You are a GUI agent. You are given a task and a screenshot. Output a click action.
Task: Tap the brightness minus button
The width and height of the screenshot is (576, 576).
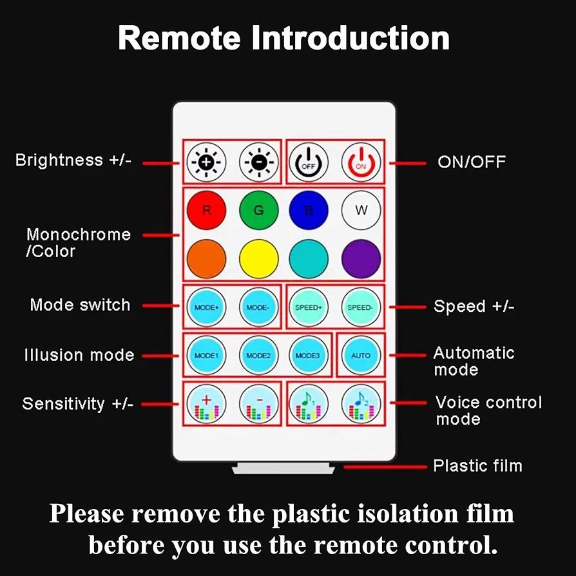(258, 162)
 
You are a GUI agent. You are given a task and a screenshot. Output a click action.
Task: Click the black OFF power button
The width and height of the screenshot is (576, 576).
(308, 162)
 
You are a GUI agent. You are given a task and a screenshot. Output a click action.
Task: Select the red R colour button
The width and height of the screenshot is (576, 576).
(206, 210)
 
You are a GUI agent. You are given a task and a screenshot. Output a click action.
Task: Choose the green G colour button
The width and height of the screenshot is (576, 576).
(258, 210)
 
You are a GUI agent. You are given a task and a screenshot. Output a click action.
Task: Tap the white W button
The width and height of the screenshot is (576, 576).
(361, 210)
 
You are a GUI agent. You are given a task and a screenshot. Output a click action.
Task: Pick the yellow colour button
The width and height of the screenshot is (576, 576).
(258, 258)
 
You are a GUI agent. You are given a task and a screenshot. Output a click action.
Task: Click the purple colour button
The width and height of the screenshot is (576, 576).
(361, 258)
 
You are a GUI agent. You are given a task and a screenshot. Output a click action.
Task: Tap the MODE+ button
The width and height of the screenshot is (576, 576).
(206, 307)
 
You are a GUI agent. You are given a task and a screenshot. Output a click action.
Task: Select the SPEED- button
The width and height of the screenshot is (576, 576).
(361, 307)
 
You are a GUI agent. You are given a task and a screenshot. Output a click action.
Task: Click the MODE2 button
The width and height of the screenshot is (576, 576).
(258, 355)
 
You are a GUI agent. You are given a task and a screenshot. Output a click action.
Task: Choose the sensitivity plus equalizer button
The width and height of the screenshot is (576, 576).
(206, 404)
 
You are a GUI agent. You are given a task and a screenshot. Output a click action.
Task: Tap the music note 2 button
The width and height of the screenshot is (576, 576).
(361, 404)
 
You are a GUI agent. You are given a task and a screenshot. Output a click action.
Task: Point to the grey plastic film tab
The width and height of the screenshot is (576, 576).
(283, 468)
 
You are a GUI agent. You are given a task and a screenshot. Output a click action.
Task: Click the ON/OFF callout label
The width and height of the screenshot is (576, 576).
(472, 162)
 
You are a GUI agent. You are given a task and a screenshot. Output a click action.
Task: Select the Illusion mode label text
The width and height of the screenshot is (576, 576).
(79, 355)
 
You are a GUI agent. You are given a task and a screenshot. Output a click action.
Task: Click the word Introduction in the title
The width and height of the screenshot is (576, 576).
(350, 38)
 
